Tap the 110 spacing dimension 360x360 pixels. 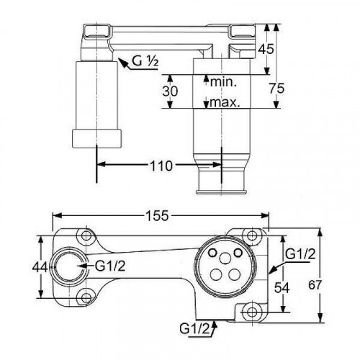[161, 166]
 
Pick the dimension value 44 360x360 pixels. [42, 267]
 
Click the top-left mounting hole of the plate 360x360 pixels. [87, 237]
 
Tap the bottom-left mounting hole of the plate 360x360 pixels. [87, 294]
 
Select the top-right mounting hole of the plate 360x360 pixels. [251, 235]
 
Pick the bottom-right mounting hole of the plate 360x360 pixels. [251, 311]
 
